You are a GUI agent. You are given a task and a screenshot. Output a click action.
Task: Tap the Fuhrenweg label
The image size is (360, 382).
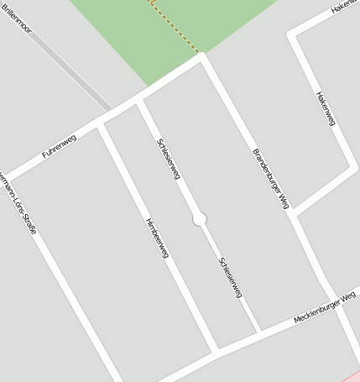(x=59, y=146)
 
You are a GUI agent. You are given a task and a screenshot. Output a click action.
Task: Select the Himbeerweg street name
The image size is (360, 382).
(x=157, y=237)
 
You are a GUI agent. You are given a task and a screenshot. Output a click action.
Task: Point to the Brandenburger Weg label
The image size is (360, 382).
(x=270, y=178)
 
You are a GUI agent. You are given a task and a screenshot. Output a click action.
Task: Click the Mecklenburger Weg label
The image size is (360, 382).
(x=325, y=308)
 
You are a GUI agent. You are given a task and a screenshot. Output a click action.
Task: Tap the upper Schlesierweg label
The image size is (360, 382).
(x=169, y=159)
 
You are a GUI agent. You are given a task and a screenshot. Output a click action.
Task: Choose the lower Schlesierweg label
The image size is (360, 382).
(x=230, y=277)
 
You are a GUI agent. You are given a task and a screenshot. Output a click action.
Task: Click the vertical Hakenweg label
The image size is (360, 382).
(x=326, y=109)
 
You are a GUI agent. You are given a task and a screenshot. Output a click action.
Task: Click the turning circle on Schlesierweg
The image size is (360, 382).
(x=200, y=219)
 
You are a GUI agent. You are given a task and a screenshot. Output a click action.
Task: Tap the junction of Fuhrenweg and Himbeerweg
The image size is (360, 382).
(x=101, y=124)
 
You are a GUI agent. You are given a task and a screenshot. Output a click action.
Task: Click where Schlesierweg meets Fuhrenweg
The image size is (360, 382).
(x=139, y=102)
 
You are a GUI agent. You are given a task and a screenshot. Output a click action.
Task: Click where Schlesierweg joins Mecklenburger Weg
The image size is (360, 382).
(x=258, y=332)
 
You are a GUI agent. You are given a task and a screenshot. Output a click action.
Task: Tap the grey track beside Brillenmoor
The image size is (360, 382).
(x=71, y=71)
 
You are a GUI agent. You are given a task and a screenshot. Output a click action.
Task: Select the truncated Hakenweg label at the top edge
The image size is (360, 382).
(x=344, y=8)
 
